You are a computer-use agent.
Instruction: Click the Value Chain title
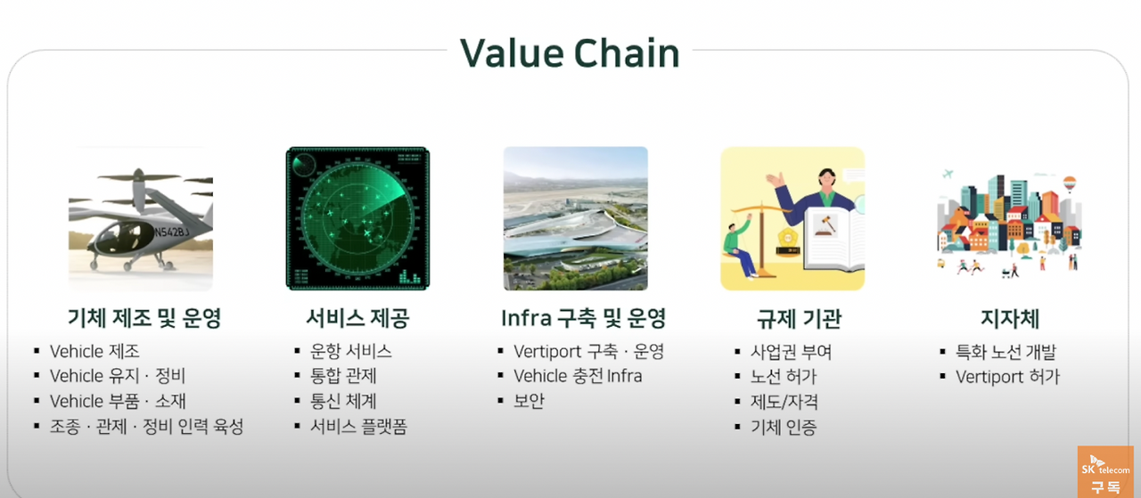[x=570, y=53]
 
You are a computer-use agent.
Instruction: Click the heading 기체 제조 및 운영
[x=144, y=319]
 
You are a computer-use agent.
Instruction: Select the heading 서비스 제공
[x=357, y=319]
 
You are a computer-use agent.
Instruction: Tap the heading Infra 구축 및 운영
[x=583, y=319]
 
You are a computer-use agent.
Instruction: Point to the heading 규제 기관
[x=792, y=319]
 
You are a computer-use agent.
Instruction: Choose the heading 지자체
[x=1009, y=319]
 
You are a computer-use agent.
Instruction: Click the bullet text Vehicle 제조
[x=94, y=352]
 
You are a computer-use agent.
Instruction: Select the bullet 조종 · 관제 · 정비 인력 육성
[x=146, y=427]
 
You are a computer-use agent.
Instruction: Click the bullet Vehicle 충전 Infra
[x=578, y=376]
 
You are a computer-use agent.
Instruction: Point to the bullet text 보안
[x=529, y=401]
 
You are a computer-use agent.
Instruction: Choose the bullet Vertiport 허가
[x=1007, y=377]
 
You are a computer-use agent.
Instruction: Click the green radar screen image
[x=357, y=218]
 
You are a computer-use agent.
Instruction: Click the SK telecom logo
[x=1104, y=469]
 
